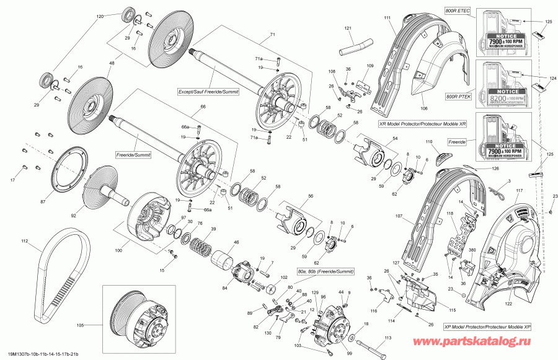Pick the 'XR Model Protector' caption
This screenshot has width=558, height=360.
tap(422, 123)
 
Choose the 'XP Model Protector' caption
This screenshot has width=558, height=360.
tap(487, 327)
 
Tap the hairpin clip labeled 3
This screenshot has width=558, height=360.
tap(496, 193)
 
